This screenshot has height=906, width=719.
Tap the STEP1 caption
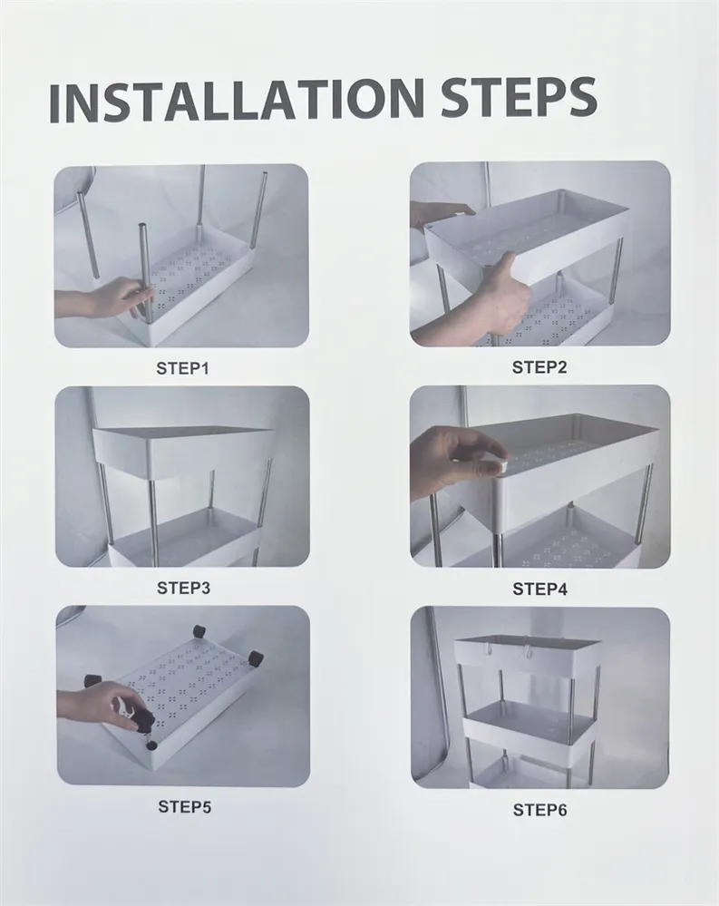182,368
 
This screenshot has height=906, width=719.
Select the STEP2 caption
539,367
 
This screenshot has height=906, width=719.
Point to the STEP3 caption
184,589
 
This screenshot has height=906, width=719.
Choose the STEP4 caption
540,589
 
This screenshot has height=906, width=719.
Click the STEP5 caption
185,806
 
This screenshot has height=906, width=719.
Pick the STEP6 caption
540,810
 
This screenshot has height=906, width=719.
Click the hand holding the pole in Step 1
110,298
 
